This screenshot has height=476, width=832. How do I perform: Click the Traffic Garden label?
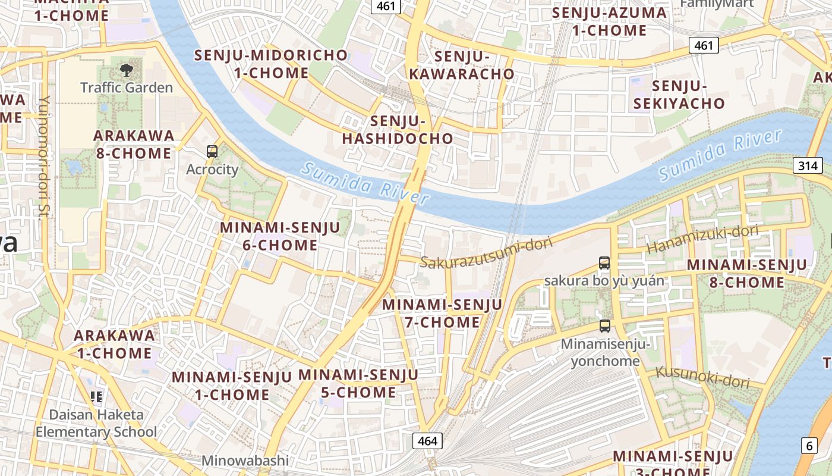point(127,87)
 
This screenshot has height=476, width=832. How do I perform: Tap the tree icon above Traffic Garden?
point(127,70)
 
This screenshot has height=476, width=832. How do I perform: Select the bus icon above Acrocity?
point(212,152)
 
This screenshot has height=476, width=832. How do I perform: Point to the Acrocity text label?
point(212,170)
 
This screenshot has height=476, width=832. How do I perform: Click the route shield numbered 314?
point(808,166)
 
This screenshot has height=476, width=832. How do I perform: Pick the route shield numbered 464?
point(427,441)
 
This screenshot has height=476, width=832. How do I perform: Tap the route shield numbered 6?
point(809,444)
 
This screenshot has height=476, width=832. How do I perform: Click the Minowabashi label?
point(245,460)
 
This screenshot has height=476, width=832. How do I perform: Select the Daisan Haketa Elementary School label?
point(96,423)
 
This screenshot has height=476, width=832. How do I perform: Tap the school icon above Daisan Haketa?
point(96,396)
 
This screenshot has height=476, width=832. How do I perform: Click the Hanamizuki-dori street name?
point(702,239)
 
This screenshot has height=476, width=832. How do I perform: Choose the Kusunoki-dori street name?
point(702,377)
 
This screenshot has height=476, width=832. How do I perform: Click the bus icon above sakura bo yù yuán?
point(604,262)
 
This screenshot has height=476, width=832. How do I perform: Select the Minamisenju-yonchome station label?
point(605,352)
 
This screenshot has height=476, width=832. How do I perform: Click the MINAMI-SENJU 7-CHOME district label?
point(442,314)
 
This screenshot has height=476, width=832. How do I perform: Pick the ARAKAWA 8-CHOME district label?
point(134,145)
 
